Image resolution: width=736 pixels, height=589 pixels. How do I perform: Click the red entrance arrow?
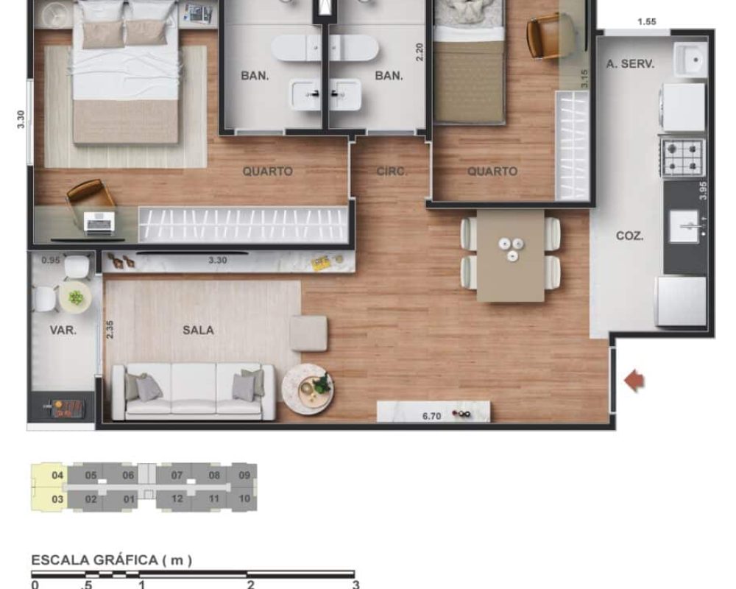[x=634, y=381]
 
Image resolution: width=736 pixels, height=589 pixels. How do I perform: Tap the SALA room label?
[x=198, y=331]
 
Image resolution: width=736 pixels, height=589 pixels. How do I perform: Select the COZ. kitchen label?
[x=630, y=236]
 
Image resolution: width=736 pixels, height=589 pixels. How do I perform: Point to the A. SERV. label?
[x=630, y=64]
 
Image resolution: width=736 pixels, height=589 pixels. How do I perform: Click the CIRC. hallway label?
[x=392, y=172]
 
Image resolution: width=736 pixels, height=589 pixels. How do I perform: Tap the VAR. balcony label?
[x=63, y=331]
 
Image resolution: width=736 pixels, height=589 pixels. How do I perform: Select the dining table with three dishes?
[x=510, y=255]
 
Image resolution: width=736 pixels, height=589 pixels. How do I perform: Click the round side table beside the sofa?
[x=307, y=388]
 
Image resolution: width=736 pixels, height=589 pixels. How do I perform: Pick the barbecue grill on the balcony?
[x=62, y=406]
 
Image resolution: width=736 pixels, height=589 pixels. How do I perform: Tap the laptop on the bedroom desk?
[x=99, y=222]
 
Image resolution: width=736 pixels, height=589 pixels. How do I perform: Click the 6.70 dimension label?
[x=431, y=416]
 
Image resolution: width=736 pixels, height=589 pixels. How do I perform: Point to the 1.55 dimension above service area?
[x=646, y=21]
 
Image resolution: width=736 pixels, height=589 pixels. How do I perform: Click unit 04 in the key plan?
[x=57, y=476]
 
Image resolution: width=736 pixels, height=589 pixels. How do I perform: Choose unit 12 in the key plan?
[x=177, y=498]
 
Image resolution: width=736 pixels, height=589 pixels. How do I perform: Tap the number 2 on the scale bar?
[x=250, y=585]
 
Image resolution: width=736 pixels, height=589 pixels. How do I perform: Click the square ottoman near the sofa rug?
[x=308, y=334]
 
